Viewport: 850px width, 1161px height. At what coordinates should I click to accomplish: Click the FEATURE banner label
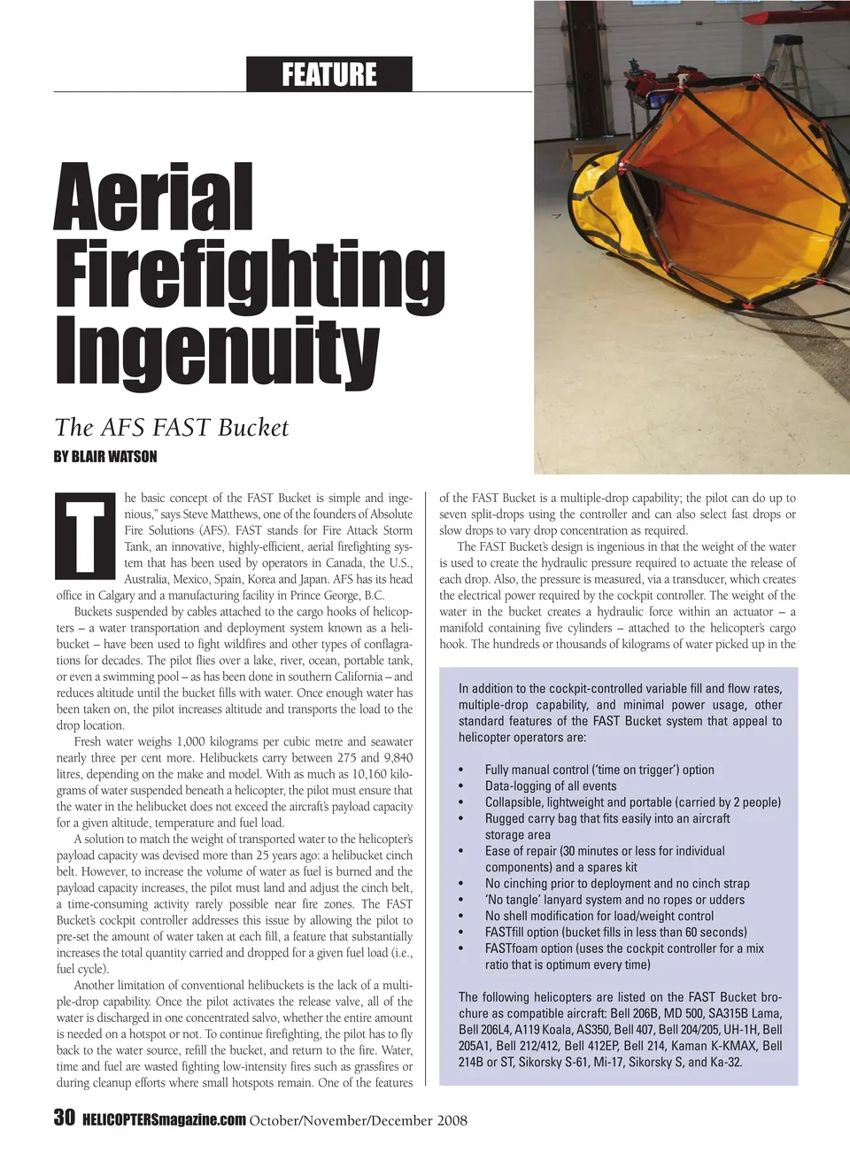pyautogui.click(x=328, y=74)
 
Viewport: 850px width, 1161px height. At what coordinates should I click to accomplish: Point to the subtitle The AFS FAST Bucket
pyautogui.click(x=172, y=428)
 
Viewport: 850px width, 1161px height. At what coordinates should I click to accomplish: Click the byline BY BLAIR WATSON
pyautogui.click(x=105, y=457)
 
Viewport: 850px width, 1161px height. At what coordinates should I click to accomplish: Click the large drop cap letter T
pyautogui.click(x=85, y=535)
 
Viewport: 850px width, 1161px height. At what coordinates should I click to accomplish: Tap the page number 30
pyautogui.click(x=64, y=1118)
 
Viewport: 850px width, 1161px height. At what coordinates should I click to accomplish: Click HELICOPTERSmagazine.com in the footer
pyautogui.click(x=164, y=1120)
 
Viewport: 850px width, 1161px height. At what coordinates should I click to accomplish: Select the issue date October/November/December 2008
pyautogui.click(x=359, y=1120)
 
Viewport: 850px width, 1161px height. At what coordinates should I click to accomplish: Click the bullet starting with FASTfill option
pyautogui.click(x=615, y=932)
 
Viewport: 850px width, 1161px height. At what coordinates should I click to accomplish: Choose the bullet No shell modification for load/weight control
pyautogui.click(x=599, y=916)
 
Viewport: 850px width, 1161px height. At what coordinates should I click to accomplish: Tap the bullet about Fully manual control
pyautogui.click(x=599, y=770)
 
